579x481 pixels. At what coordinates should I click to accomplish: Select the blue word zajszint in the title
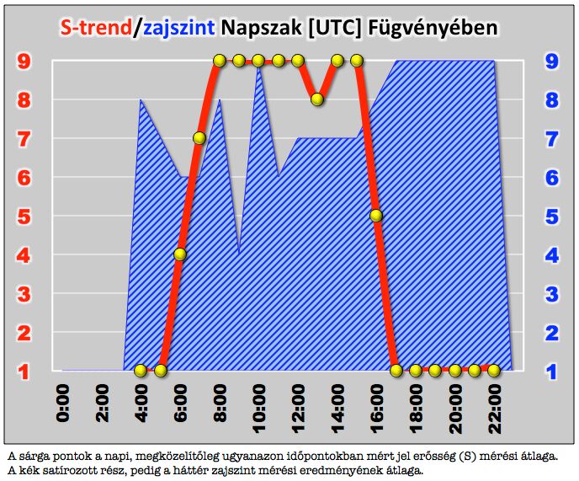pyautogui.click(x=178, y=27)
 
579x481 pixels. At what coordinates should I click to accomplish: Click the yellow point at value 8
pyautogui.click(x=317, y=99)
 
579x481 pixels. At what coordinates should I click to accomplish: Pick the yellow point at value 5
pyautogui.click(x=376, y=216)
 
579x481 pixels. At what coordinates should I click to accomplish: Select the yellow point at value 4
pyautogui.click(x=180, y=254)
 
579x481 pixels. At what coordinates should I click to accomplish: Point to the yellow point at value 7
pyautogui.click(x=199, y=138)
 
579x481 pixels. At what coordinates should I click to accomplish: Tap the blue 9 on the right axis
pyautogui.click(x=551, y=61)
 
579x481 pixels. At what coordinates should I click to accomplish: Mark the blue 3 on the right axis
pyautogui.click(x=551, y=294)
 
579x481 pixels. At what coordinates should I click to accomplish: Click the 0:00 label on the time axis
pyautogui.click(x=63, y=405)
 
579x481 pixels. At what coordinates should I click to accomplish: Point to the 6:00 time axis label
pyautogui.click(x=181, y=405)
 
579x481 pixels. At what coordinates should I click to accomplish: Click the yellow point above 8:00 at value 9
pyautogui.click(x=220, y=61)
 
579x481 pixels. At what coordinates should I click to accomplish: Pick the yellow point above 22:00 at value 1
pyautogui.click(x=495, y=370)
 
